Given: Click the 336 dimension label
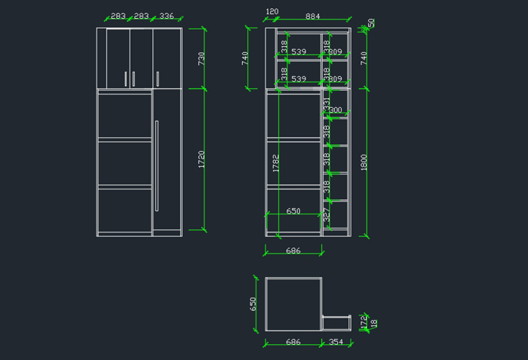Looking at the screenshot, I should coord(167,16).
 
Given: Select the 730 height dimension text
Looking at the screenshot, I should coord(201,58).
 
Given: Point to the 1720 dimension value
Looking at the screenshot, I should coord(201,158).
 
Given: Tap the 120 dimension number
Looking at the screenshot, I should coord(272,12).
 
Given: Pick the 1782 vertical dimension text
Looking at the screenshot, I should coord(276,163).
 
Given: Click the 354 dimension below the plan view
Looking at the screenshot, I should coord(336,342).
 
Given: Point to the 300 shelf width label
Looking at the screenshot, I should coord(336,110).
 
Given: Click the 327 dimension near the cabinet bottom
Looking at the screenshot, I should coord(327,214).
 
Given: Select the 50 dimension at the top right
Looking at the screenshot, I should coord(371,23).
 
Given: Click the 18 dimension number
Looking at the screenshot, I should coord(373,323).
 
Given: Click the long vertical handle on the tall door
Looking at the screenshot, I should coord(156,165).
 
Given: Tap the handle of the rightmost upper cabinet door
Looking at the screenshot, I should coord(158,78).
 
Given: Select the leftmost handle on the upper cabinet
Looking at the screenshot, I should coord(125,78).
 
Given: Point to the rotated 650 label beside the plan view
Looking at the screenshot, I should coord(253,303).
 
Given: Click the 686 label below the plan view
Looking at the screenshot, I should coord(293,342).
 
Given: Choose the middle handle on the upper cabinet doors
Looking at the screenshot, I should coord(134,78).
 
